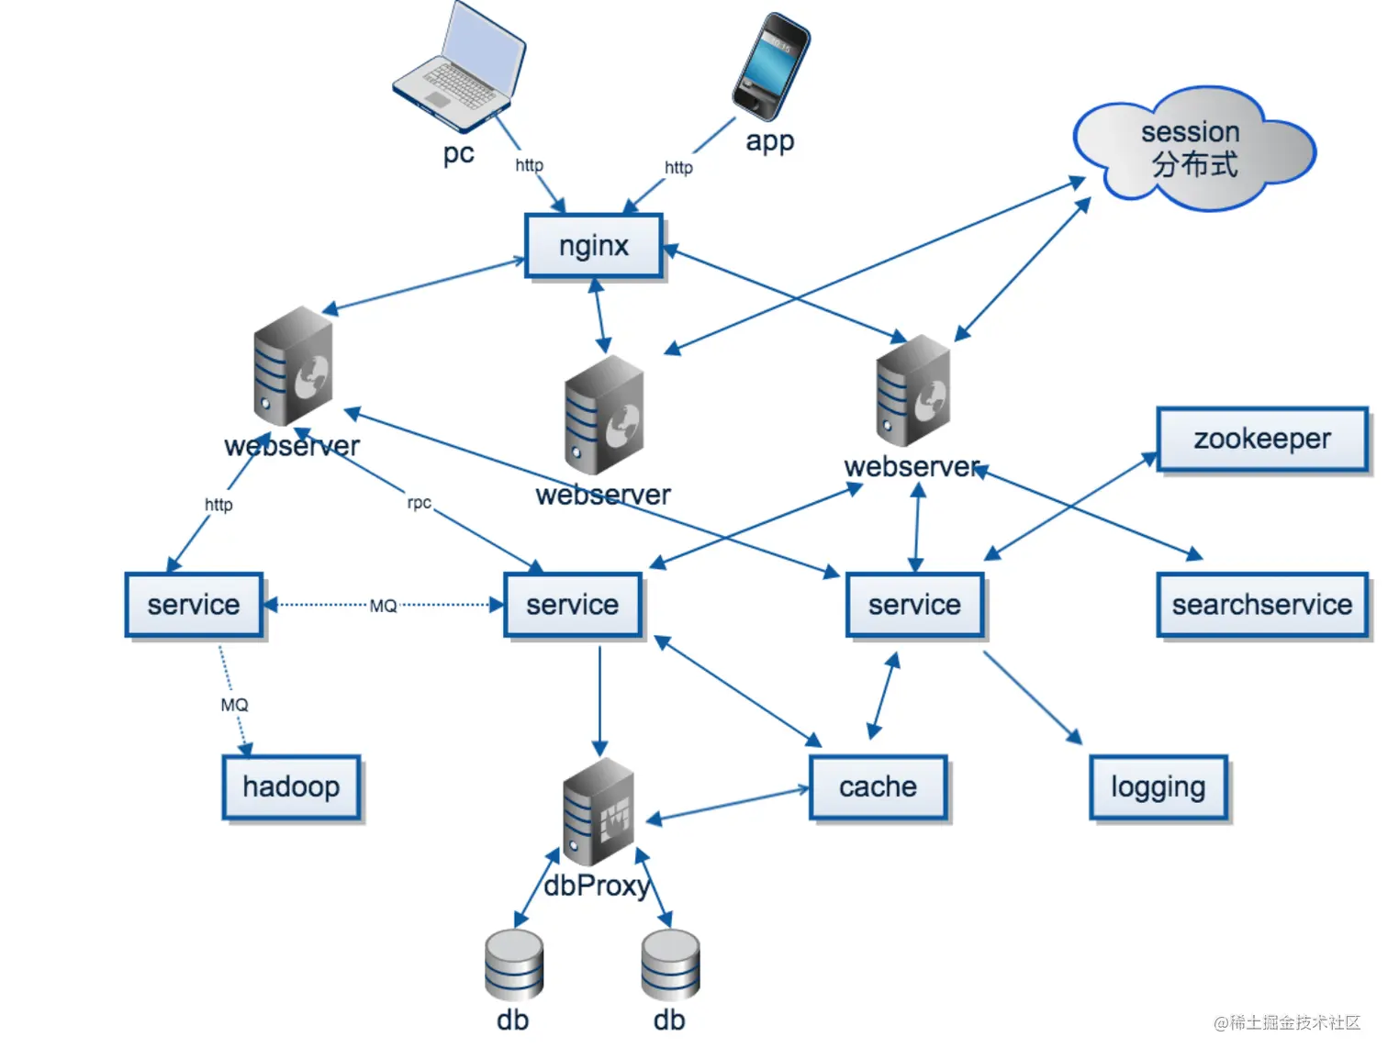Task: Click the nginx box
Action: point(593,245)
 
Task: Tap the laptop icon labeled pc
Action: point(459,66)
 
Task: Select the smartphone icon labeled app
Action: point(771,66)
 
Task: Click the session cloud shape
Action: point(1194,149)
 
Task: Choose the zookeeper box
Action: point(1262,440)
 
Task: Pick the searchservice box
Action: point(1262,605)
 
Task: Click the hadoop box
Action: point(291,787)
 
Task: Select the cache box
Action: point(878,787)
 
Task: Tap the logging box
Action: point(1158,787)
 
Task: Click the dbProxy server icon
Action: point(599,812)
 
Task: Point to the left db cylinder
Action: point(513,964)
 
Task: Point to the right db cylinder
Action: point(670,964)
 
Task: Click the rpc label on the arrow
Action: point(419,502)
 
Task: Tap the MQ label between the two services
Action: point(383,606)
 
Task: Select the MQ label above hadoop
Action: point(234,705)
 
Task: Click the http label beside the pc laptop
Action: point(529,165)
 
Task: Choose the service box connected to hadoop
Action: point(194,605)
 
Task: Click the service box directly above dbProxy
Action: point(573,605)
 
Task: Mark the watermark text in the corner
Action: point(1287,1021)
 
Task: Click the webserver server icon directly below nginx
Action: point(604,415)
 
